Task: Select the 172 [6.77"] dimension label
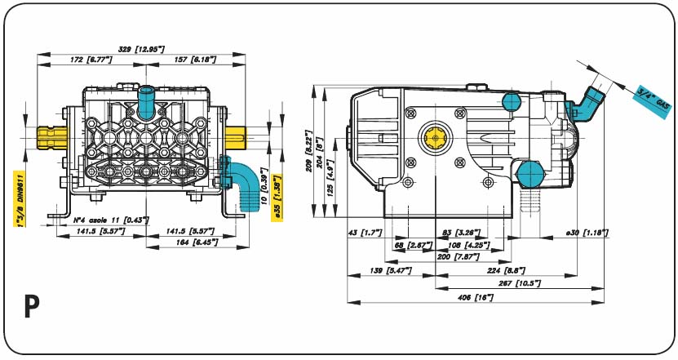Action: [x=90, y=60]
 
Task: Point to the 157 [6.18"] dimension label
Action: [x=188, y=60]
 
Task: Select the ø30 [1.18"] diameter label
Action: [x=587, y=233]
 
